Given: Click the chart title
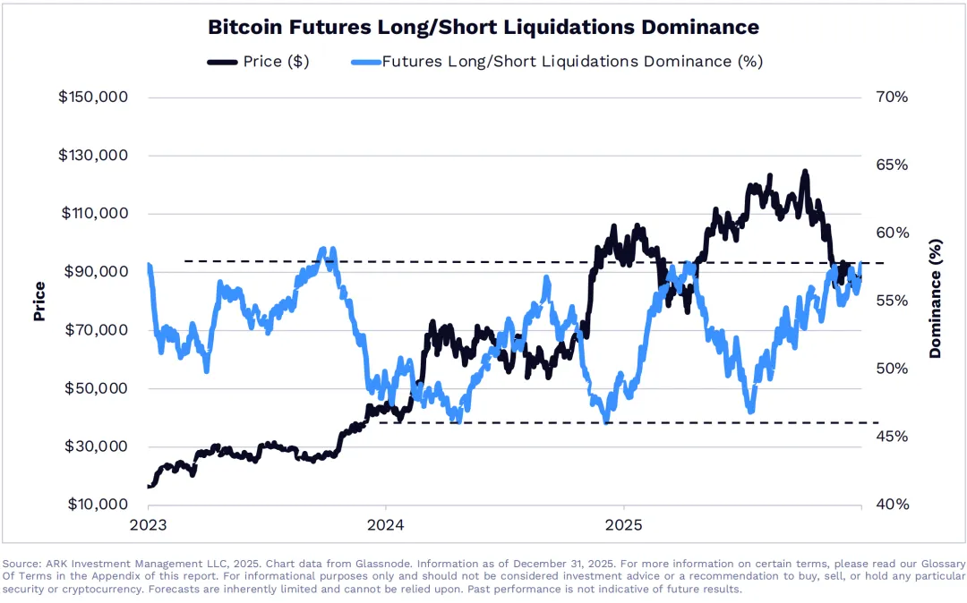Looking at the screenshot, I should click(x=483, y=27).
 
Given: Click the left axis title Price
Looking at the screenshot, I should click(x=39, y=301).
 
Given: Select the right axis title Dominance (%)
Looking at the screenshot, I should click(x=936, y=299).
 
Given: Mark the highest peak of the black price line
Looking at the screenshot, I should click(x=805, y=171).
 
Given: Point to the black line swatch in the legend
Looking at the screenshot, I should click(x=222, y=62).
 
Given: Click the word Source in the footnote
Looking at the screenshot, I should click(x=21, y=564).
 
